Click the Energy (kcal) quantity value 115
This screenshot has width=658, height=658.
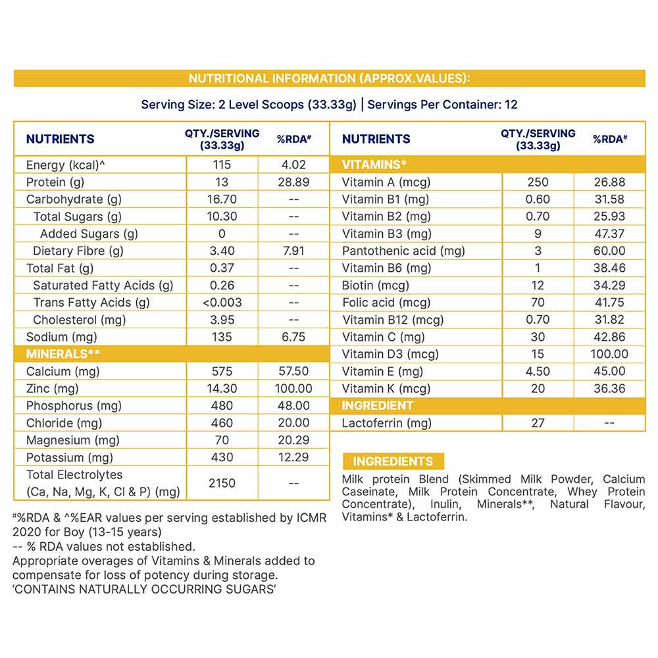[x=222, y=164]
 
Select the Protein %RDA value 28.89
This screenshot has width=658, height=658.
[x=293, y=182]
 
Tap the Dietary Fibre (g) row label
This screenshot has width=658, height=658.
[x=78, y=251]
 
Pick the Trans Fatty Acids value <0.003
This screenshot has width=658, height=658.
[x=222, y=303]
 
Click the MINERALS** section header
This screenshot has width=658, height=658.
[x=63, y=354]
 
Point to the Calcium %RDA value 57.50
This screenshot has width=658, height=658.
[x=293, y=372]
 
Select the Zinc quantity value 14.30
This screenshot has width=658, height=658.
[x=222, y=389]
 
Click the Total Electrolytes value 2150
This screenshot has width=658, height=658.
[x=222, y=483]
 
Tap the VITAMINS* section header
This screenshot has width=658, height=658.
[x=374, y=164]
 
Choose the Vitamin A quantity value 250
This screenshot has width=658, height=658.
[x=538, y=182]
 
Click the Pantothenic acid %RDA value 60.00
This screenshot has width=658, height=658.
[x=609, y=251]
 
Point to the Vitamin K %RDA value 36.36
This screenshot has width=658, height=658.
[x=609, y=389]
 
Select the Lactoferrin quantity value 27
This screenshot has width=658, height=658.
[x=538, y=423]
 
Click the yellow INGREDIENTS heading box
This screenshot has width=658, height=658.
[x=393, y=461]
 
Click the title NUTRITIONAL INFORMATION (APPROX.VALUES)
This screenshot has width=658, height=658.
[x=329, y=79]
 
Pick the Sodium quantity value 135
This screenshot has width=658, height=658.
[x=222, y=337]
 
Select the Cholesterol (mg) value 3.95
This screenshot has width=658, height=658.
[x=222, y=320]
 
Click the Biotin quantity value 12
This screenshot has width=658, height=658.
[x=538, y=286]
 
